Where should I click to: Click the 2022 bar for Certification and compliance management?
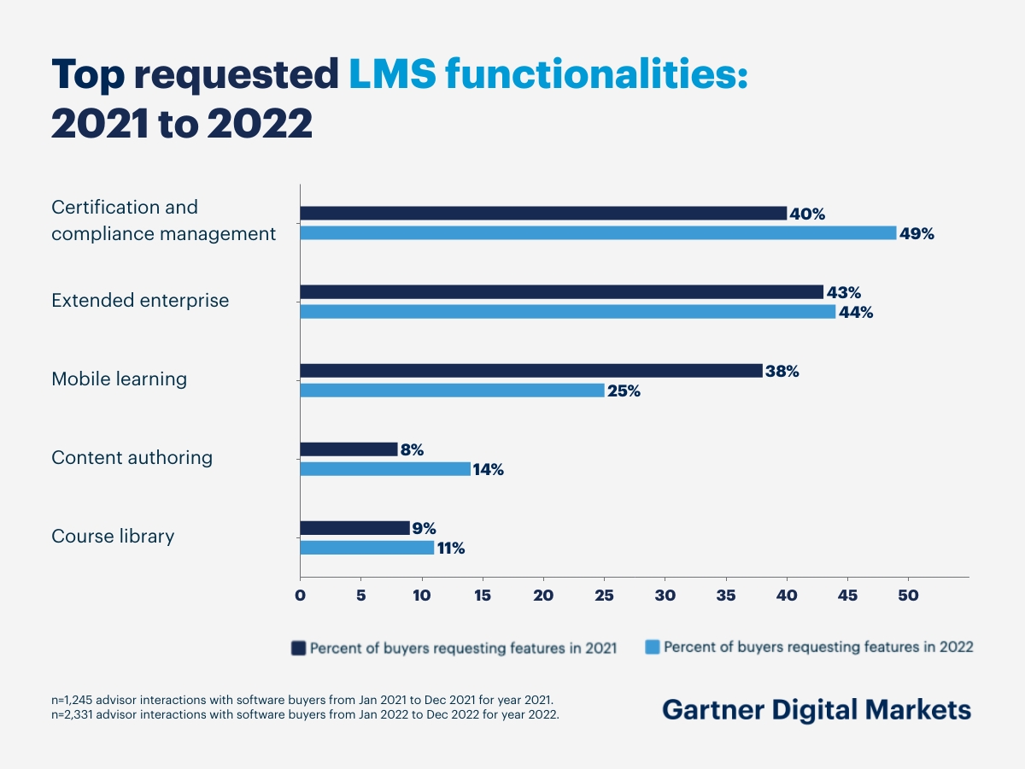(598, 233)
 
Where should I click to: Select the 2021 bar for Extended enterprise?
(561, 291)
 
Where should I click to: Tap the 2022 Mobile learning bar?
(452, 390)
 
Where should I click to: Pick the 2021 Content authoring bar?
(348, 449)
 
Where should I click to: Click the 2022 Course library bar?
(366, 548)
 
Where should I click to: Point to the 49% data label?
(917, 234)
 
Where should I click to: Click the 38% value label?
(782, 372)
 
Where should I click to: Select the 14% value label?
(488, 470)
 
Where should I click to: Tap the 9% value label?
(425, 529)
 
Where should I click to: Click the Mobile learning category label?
(119, 379)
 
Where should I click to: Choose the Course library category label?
(113, 537)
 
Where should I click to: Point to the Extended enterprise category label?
(140, 301)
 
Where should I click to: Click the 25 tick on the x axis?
(604, 596)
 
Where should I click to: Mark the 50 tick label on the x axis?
(908, 596)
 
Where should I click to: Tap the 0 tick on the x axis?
(300, 596)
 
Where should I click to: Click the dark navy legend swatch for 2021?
(298, 648)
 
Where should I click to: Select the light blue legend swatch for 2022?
(652, 648)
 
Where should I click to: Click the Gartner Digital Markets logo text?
(817, 710)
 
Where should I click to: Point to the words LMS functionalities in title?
(548, 75)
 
